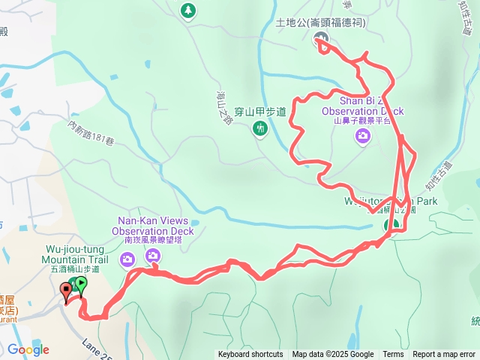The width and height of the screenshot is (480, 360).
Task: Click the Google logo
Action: pos(29,349)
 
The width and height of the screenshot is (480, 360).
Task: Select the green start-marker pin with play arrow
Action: pos(80,284)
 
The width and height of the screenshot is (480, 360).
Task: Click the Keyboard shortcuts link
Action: pos(250,355)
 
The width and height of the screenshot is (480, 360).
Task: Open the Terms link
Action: pos(393,355)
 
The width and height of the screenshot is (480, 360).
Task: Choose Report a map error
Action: pos(443,355)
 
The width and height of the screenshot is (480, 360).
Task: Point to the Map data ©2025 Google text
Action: pos(333,355)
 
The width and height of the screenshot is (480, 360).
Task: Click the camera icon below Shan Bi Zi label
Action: pos(363,136)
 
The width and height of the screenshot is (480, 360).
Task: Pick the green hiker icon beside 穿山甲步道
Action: pos(259,129)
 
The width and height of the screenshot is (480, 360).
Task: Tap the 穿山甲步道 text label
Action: pos(260,112)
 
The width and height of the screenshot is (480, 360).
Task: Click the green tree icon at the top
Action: pos(187,10)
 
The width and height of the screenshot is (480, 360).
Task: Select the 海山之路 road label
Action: pos(223,106)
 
